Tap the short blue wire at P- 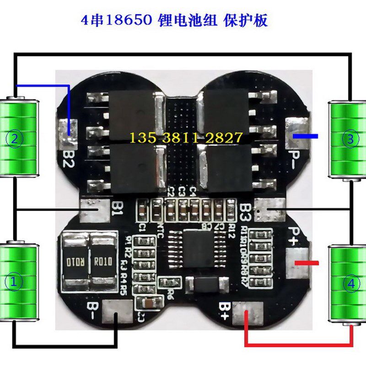[x=306, y=136]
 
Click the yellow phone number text [x=185, y=138]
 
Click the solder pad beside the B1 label [x=95, y=210]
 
